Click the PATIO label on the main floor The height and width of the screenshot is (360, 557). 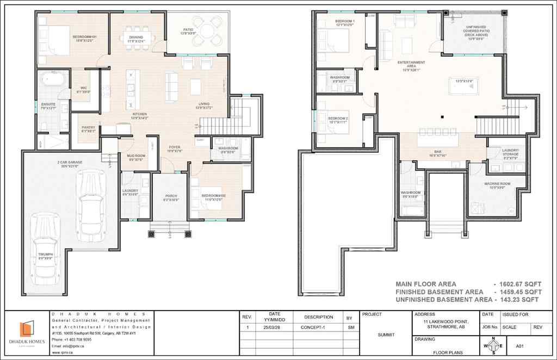pos(189,30)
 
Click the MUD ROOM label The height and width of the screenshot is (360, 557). pos(136,156)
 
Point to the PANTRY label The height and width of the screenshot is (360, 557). pos(88,128)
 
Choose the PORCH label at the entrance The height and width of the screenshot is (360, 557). pos(171,196)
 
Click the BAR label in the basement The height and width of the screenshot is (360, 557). pos(437,152)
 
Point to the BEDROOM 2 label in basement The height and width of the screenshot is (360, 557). pos(337,118)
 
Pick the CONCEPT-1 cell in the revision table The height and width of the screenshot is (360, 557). pos(318,328)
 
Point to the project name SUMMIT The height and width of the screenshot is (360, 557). pos(386,334)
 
